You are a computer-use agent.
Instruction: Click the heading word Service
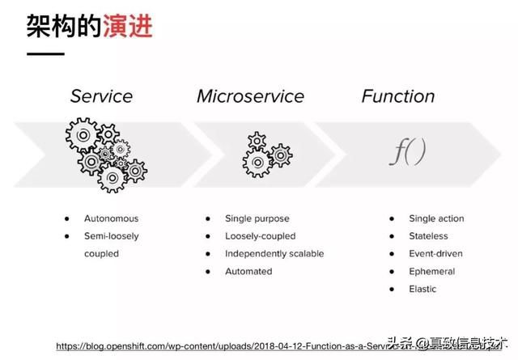coord(100,96)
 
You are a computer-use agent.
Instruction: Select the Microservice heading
coord(250,96)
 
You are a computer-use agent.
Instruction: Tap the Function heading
coord(397,96)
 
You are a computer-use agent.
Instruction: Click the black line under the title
coord(46,54)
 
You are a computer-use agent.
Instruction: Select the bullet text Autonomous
coord(112,218)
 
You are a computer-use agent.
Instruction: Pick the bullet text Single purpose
coord(257,218)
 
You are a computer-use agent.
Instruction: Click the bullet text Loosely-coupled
coord(260,236)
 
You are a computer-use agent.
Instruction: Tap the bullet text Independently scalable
coord(274,254)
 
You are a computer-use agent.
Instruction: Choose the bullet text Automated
coord(248,272)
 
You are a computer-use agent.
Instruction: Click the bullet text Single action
coord(436,218)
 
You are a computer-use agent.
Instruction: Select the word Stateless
coord(428,236)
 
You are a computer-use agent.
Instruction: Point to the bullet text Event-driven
coord(435,254)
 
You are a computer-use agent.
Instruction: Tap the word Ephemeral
coord(432,272)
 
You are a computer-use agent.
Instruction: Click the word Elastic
coord(422,290)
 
